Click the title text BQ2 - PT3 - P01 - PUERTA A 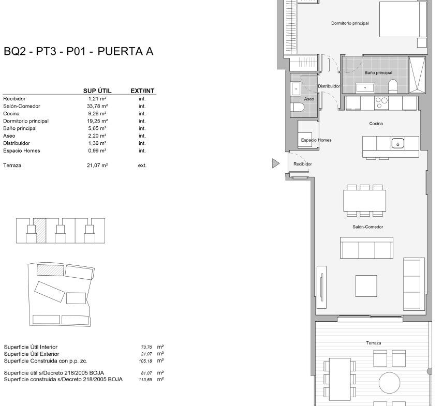(x=78, y=51)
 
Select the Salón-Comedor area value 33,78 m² (x=97, y=106)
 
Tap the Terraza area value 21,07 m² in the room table (x=97, y=166)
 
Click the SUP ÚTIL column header (x=97, y=91)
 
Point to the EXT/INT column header (x=142, y=91)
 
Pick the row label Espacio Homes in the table (x=21, y=151)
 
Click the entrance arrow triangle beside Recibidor (x=275, y=163)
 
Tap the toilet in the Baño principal (x=393, y=86)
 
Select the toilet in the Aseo (x=297, y=107)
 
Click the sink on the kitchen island (x=398, y=144)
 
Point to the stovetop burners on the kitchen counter (x=381, y=103)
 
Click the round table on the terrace (x=389, y=383)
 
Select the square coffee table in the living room (x=366, y=286)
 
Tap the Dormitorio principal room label (x=350, y=23)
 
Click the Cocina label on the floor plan (x=376, y=124)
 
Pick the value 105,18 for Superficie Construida (x=145, y=361)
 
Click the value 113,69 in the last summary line (x=145, y=380)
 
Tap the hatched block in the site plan (x=50, y=270)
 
